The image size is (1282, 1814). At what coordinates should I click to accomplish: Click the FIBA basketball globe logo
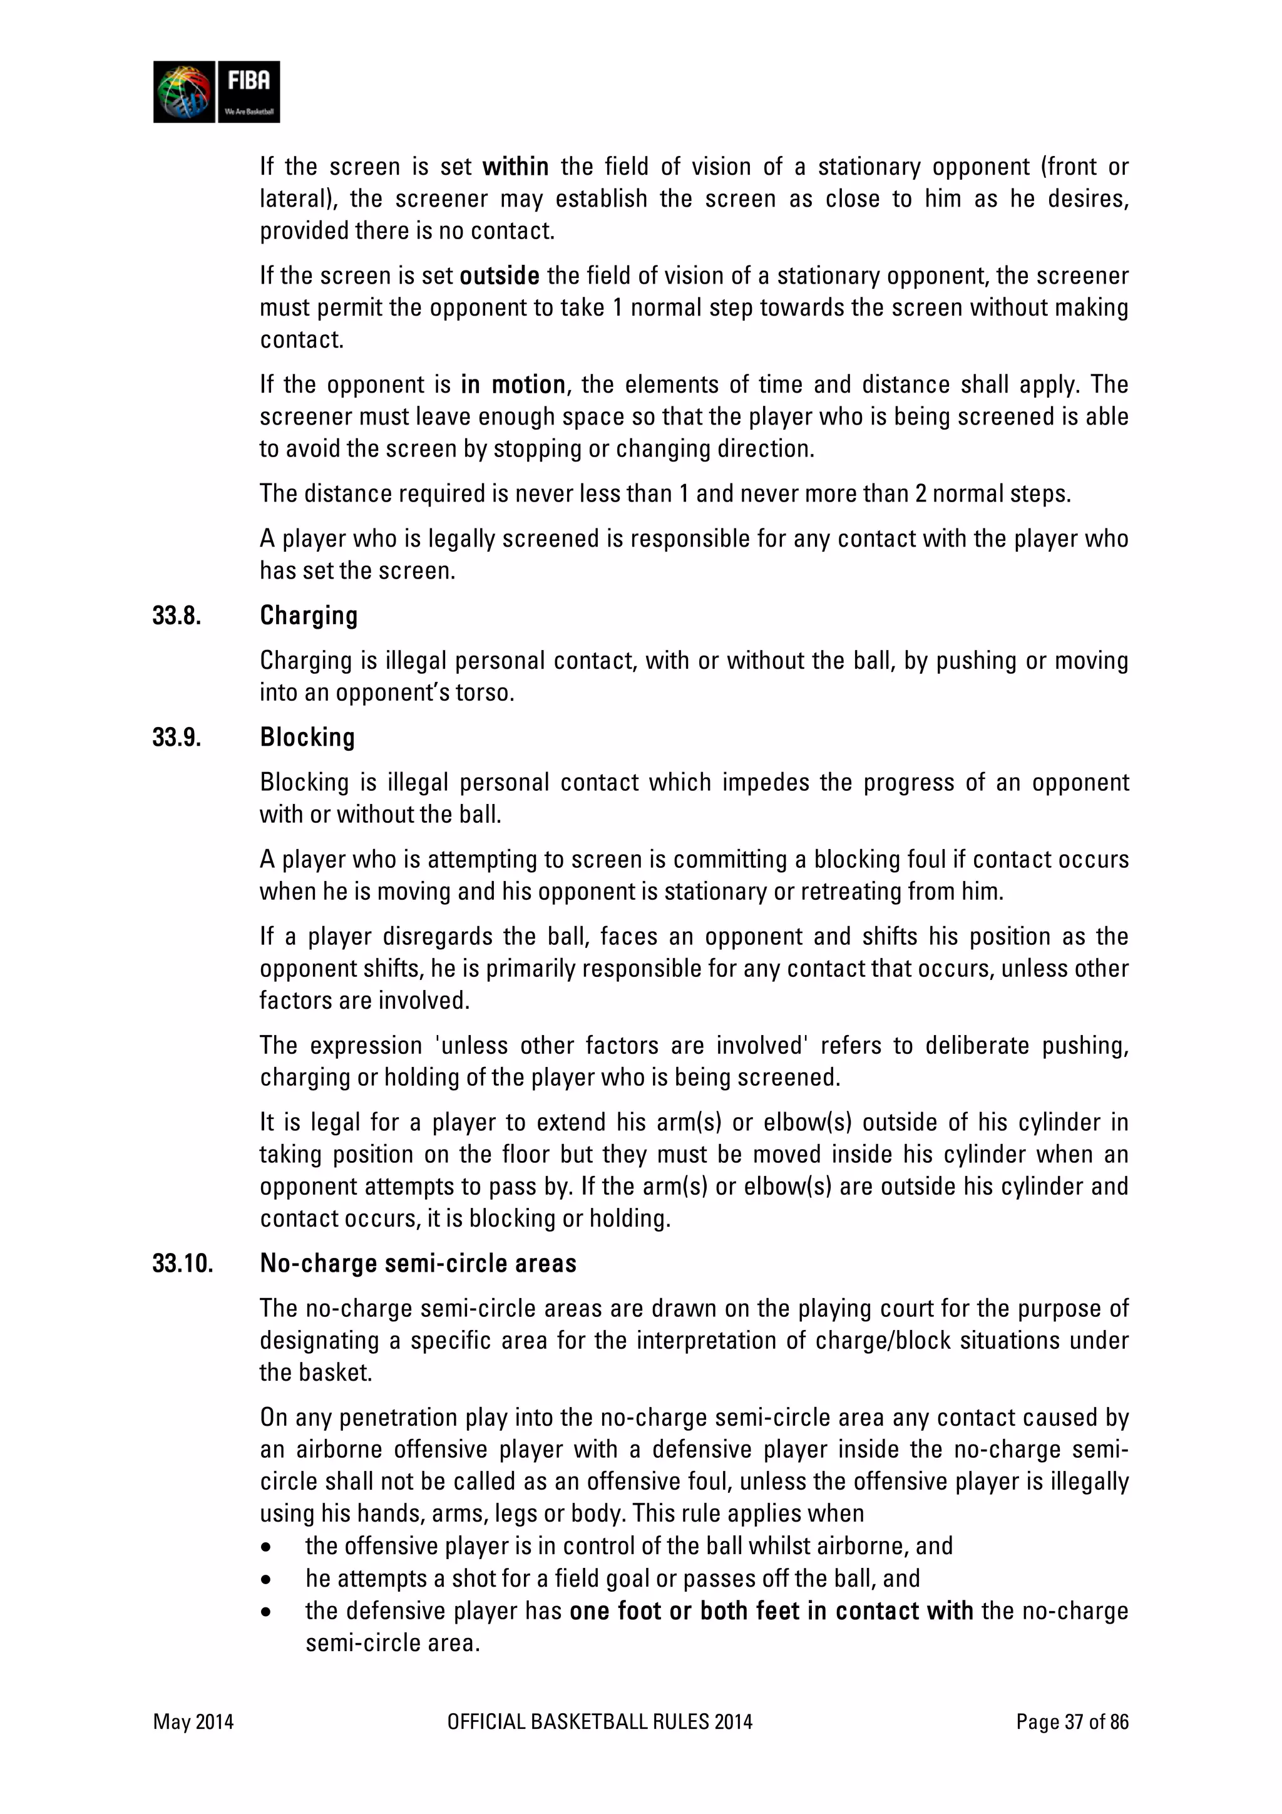click(184, 91)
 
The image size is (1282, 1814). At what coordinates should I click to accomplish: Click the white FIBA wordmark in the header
click(249, 81)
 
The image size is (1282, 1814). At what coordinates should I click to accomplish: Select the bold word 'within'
click(515, 167)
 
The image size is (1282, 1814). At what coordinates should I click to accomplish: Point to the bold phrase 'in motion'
click(513, 384)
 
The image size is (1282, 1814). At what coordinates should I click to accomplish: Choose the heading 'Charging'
click(309, 616)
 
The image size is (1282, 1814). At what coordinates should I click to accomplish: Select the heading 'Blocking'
click(307, 737)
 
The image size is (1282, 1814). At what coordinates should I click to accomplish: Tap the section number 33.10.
click(182, 1264)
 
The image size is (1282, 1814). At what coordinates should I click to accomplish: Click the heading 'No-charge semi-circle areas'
click(418, 1264)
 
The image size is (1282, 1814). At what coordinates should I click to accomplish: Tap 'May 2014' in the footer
click(193, 1721)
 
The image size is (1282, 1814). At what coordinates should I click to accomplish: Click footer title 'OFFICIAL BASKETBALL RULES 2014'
click(600, 1721)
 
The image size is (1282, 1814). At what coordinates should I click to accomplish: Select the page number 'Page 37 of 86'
click(1072, 1721)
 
